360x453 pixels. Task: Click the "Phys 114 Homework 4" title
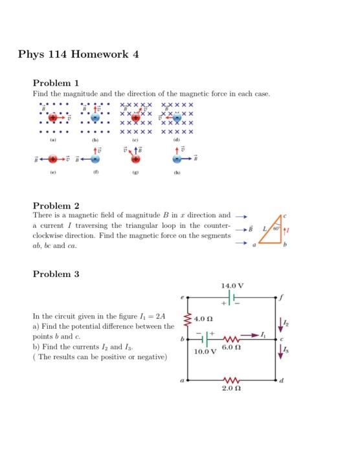[x=78, y=54]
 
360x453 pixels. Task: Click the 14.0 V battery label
[x=231, y=285]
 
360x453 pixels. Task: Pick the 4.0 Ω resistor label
[x=202, y=320]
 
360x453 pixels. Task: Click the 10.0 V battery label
[x=206, y=352]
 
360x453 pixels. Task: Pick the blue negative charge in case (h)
[x=177, y=159]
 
